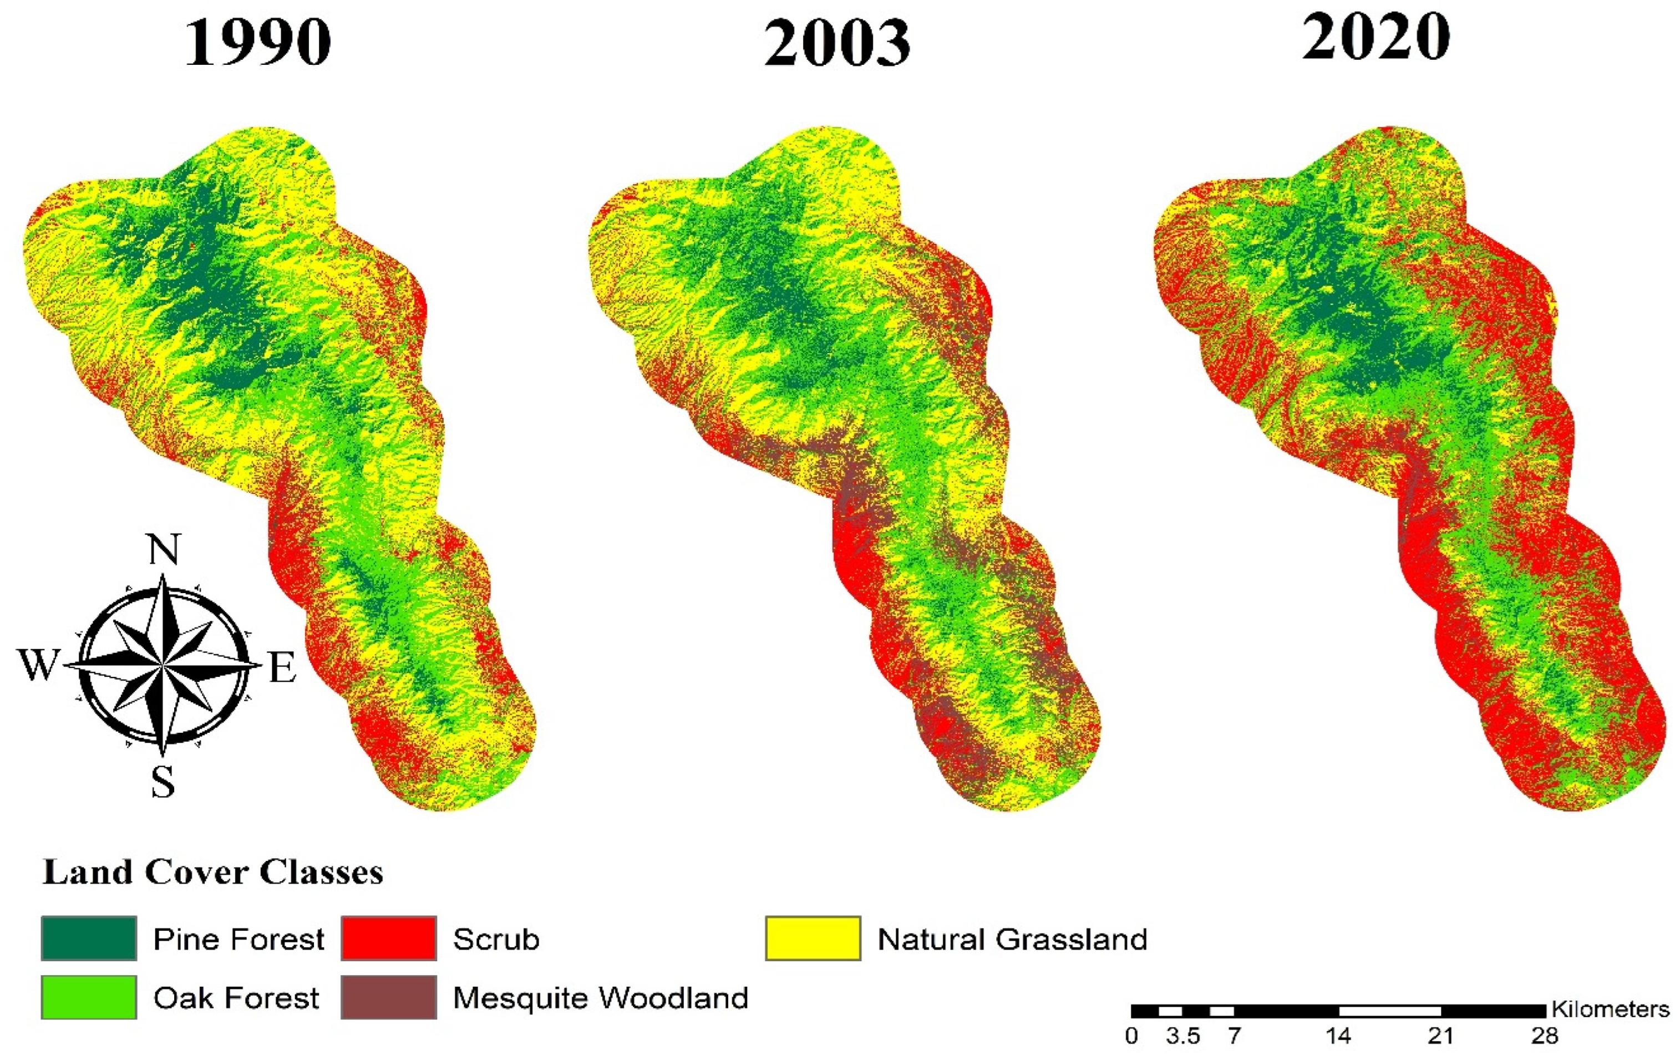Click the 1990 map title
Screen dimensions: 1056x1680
click(x=257, y=43)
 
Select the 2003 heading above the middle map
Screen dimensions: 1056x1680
click(x=837, y=43)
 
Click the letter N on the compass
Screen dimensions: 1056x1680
click(x=164, y=550)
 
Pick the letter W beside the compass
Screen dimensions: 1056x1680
click(x=38, y=664)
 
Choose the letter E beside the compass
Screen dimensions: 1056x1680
click(x=282, y=667)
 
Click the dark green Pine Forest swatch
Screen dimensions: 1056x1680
click(x=89, y=938)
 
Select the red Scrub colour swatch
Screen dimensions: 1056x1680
click(x=389, y=938)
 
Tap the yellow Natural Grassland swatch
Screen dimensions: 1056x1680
click(x=813, y=938)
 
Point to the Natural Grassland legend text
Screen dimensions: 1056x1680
click(x=1012, y=940)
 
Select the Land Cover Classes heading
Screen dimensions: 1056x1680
click(x=213, y=873)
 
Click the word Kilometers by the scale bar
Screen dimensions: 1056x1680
click(x=1610, y=1009)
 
